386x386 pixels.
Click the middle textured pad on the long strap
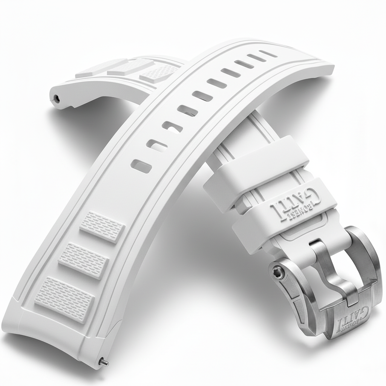pos(84,260)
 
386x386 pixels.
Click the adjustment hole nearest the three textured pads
pos(141,166)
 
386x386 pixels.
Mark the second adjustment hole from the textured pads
pos(158,145)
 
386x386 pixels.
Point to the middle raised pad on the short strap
pos(124,67)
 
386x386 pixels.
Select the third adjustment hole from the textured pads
pos(173,127)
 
